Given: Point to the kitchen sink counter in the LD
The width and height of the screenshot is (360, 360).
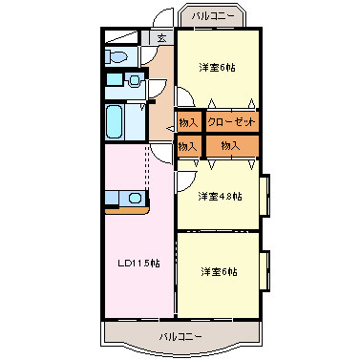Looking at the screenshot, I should [124, 199].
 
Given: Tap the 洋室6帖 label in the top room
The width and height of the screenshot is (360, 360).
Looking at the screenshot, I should [218, 67].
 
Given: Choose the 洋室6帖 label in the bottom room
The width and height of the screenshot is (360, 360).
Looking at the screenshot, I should [218, 272].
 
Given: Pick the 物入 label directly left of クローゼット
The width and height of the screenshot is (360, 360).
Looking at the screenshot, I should [188, 122].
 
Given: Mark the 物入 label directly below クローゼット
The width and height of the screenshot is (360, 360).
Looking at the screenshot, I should [230, 145].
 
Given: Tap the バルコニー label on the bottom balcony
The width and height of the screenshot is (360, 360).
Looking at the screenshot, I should [180, 337].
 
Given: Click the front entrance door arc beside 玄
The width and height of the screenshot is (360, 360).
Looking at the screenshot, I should [164, 18].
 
